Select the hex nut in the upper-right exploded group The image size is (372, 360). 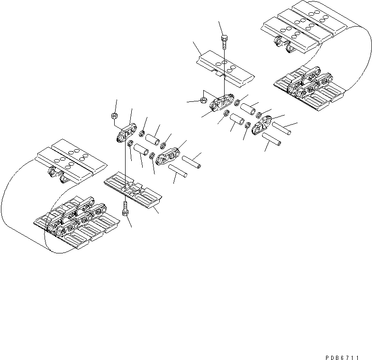(202, 100)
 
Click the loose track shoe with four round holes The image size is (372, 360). (224, 69)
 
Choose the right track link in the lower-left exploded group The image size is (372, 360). (168, 156)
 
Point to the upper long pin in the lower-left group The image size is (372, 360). (191, 161)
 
